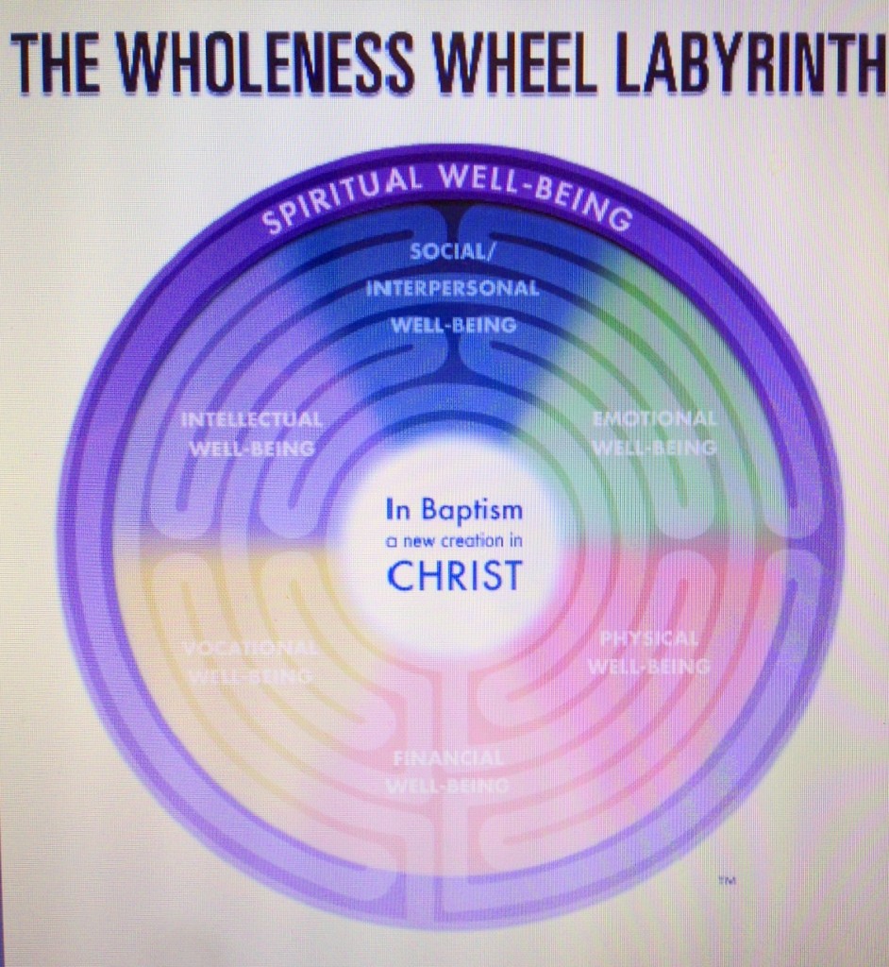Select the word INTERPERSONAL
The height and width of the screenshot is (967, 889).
click(x=453, y=289)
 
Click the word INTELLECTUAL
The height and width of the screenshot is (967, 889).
click(x=252, y=419)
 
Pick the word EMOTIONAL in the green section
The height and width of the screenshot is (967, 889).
click(x=654, y=418)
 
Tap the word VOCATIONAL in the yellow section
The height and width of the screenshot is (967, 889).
click(x=251, y=650)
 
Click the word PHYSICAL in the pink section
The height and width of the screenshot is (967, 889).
click(x=649, y=639)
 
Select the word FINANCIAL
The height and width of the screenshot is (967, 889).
click(x=448, y=758)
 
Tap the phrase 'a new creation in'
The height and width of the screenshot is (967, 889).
click(x=454, y=542)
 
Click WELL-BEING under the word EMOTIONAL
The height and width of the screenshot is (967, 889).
click(x=654, y=447)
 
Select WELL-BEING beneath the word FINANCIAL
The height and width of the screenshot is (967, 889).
click(x=448, y=786)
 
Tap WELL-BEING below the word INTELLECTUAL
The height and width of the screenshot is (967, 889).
click(x=252, y=449)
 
